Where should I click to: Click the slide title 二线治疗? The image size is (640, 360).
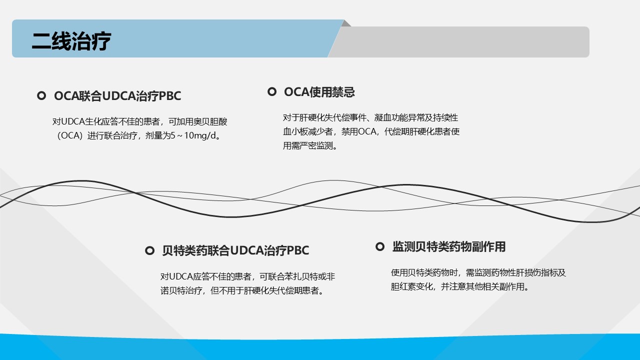pos(71,41)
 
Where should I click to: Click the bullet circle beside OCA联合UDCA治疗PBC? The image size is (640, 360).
pos(41,95)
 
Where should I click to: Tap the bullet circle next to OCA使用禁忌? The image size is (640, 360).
pos(271,91)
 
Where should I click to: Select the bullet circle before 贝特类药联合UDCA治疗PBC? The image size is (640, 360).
pos(149,250)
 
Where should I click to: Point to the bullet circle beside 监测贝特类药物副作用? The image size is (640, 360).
pos(379,246)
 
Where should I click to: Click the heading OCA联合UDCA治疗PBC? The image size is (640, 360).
pos(117,96)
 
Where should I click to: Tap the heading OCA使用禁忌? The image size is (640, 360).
pos(319,92)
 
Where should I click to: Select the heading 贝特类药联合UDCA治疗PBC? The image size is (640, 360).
pos(235,250)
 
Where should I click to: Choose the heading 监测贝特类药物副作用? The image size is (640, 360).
pos(449,246)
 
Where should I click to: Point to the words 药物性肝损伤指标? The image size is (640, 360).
pos(515,272)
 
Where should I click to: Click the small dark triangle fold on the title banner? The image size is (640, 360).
pos(346,23)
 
